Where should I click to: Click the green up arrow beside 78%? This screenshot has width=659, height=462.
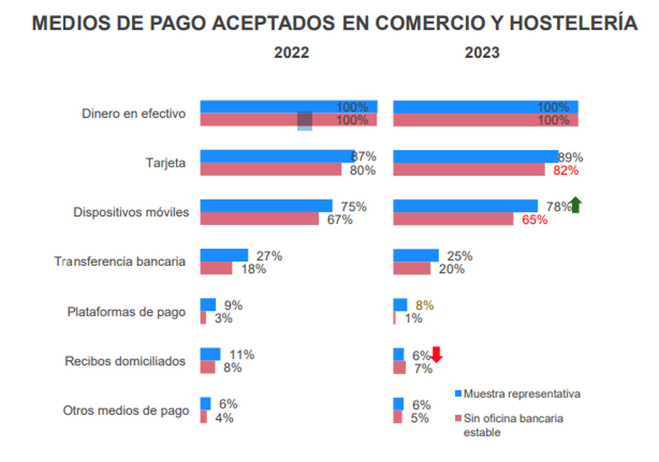coord(576,205)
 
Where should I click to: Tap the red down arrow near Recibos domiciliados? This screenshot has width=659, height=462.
coord(437,354)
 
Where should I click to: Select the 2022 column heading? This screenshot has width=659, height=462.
coord(292,53)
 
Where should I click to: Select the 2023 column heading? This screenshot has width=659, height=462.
coord(482,53)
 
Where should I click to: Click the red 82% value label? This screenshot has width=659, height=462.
coord(566,170)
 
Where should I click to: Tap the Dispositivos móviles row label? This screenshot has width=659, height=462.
coord(131,212)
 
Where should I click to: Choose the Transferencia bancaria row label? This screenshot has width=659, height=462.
coord(120,262)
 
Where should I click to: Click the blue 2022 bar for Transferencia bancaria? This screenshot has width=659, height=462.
coord(224,255)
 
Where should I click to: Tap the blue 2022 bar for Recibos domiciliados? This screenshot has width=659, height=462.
coord(210,354)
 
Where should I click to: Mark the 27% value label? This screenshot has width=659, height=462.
coord(269,256)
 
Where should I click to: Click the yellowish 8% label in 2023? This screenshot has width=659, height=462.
coord(425,305)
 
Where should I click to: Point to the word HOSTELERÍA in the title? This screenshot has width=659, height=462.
coord(574,24)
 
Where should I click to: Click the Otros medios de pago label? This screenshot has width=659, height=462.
coord(126,410)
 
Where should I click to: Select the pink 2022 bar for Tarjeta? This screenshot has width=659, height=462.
coord(271,170)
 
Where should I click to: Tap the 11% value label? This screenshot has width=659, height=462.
coord(241,354)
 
